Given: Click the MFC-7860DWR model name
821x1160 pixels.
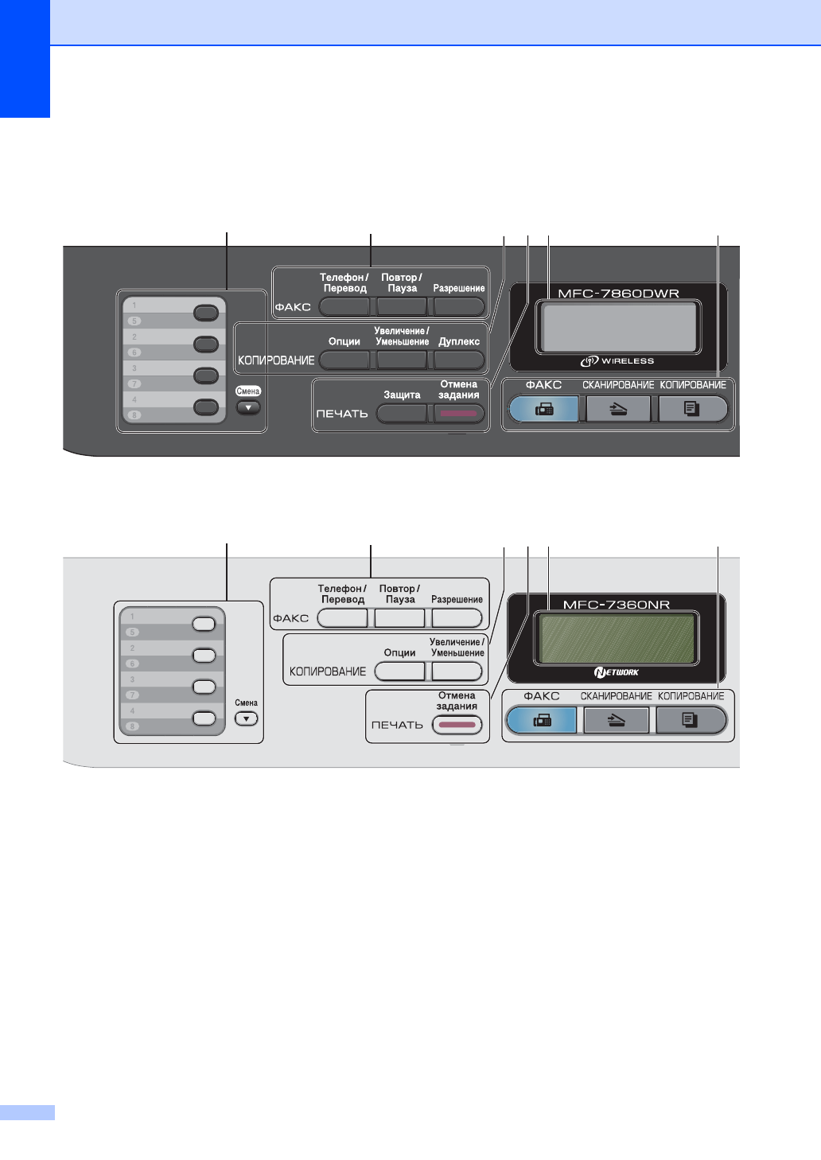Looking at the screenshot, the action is pyautogui.click(x=618, y=293).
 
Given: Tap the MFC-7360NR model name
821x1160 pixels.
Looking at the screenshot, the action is pyautogui.click(x=617, y=605).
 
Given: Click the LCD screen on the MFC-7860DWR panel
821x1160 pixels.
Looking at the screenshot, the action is pyautogui.click(x=618, y=327).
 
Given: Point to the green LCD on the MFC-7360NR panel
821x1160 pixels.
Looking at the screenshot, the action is pyautogui.click(x=616, y=638).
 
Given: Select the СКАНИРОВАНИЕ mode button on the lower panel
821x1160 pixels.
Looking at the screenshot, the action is pyautogui.click(x=617, y=720).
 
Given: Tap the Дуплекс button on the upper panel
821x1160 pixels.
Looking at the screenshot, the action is pyautogui.click(x=460, y=360).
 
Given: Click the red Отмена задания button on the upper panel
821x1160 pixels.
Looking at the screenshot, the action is pyautogui.click(x=459, y=414).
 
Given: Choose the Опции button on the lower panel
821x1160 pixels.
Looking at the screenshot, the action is pyautogui.click(x=399, y=671).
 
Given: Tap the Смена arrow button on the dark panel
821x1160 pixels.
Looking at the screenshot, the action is pyautogui.click(x=249, y=407).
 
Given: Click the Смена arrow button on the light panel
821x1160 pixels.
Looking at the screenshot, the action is pyautogui.click(x=247, y=718).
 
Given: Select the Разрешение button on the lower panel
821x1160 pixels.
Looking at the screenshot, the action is pyautogui.click(x=457, y=617).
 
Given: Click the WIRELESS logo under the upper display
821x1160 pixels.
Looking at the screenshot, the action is pyautogui.click(x=617, y=361).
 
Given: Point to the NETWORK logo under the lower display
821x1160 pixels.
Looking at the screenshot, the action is pyautogui.click(x=616, y=672).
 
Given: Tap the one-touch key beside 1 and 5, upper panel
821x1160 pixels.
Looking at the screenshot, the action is pyautogui.click(x=206, y=313).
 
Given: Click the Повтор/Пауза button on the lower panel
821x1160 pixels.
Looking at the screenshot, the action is pyautogui.click(x=399, y=617).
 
